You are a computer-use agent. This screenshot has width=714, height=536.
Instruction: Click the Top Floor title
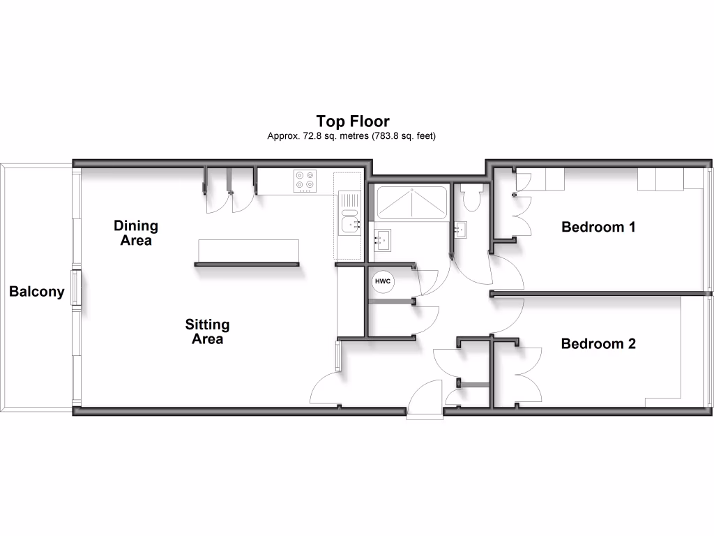pos(352,121)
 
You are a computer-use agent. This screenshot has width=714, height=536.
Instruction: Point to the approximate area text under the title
pos(352,136)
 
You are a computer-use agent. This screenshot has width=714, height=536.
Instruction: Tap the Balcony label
pos(36,292)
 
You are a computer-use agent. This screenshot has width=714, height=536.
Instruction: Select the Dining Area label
pos(136,233)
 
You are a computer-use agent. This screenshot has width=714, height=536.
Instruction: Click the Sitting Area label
pos(207,332)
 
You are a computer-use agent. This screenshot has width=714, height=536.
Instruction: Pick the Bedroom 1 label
pos(598,227)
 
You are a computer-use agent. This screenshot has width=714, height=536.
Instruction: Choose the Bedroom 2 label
pos(598,343)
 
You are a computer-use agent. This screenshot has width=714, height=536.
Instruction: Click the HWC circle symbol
pos(383,281)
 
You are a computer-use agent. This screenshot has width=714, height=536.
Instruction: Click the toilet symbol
pos(471,198)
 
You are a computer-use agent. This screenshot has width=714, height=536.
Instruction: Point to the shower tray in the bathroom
pos(411,203)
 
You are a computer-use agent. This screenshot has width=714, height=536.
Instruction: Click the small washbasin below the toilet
pos(461,228)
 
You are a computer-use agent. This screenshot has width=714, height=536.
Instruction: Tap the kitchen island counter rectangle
pos(248,250)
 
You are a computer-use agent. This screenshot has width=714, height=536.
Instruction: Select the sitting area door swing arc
pos(325,389)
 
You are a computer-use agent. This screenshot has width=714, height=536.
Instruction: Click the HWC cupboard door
pos(426,279)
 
